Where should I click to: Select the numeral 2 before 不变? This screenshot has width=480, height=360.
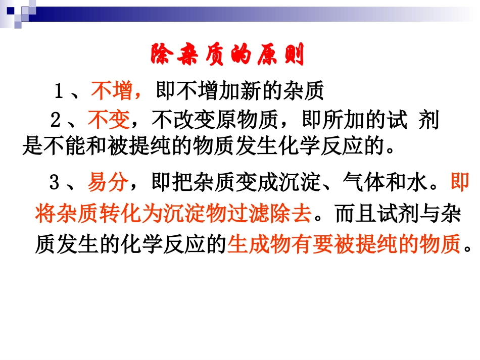click(56, 122)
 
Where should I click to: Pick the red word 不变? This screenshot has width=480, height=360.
click(109, 122)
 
